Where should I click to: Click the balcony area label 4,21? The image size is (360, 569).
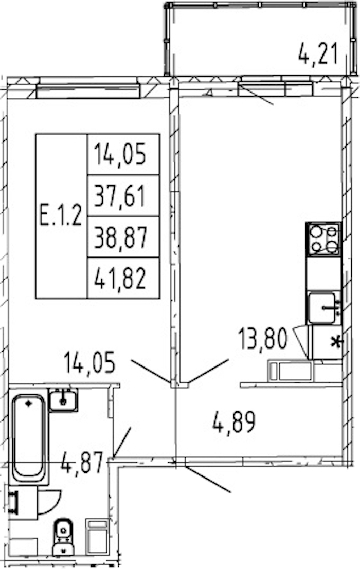(x=318, y=53)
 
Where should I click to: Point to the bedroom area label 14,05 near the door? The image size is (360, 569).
(x=89, y=362)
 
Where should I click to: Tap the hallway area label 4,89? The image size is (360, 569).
(x=234, y=422)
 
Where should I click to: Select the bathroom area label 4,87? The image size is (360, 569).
(x=82, y=462)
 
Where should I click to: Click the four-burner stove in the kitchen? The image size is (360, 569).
(x=323, y=239)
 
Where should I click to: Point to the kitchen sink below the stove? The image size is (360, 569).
(x=323, y=308)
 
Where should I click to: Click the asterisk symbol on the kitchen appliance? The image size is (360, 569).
(x=336, y=342)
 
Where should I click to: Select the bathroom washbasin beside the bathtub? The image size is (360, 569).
(x=63, y=399)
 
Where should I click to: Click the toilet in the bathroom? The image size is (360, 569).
(x=63, y=537)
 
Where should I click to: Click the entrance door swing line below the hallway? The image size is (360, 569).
(x=208, y=480)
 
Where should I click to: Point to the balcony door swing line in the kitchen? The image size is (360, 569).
(x=256, y=95)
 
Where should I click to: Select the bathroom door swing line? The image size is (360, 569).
(x=122, y=442)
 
